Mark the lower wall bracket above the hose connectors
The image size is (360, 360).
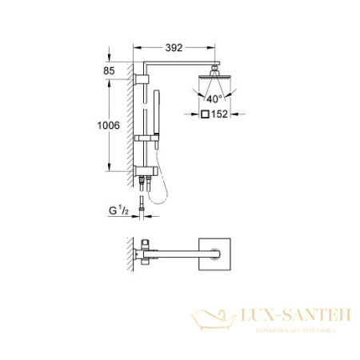coord(145,172)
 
